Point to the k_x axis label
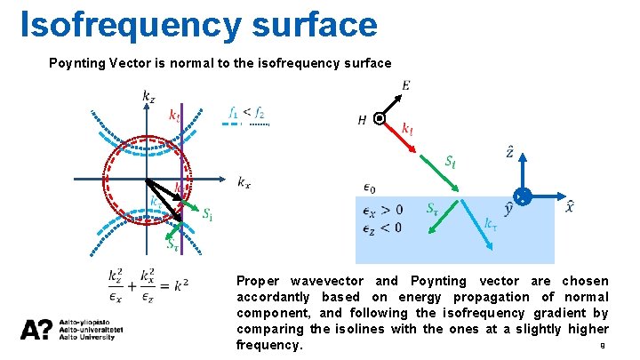click(x=244, y=182)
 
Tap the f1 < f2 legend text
click(x=246, y=112)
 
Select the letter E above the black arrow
click(x=405, y=85)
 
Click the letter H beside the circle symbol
click(x=363, y=119)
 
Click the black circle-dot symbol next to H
click(x=380, y=118)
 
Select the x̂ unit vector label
click(x=570, y=208)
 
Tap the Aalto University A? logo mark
click(x=36, y=330)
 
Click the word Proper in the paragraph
click(x=258, y=281)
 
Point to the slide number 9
click(x=604, y=347)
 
